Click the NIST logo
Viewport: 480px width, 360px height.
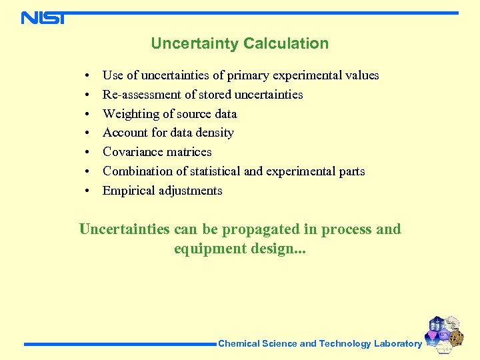point(43,17)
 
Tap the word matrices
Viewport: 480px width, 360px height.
point(190,152)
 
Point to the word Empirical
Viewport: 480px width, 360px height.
point(129,191)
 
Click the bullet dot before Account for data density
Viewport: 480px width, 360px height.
point(87,133)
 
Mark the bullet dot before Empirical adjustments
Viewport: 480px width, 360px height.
point(87,191)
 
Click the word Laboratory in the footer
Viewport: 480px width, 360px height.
point(397,344)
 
